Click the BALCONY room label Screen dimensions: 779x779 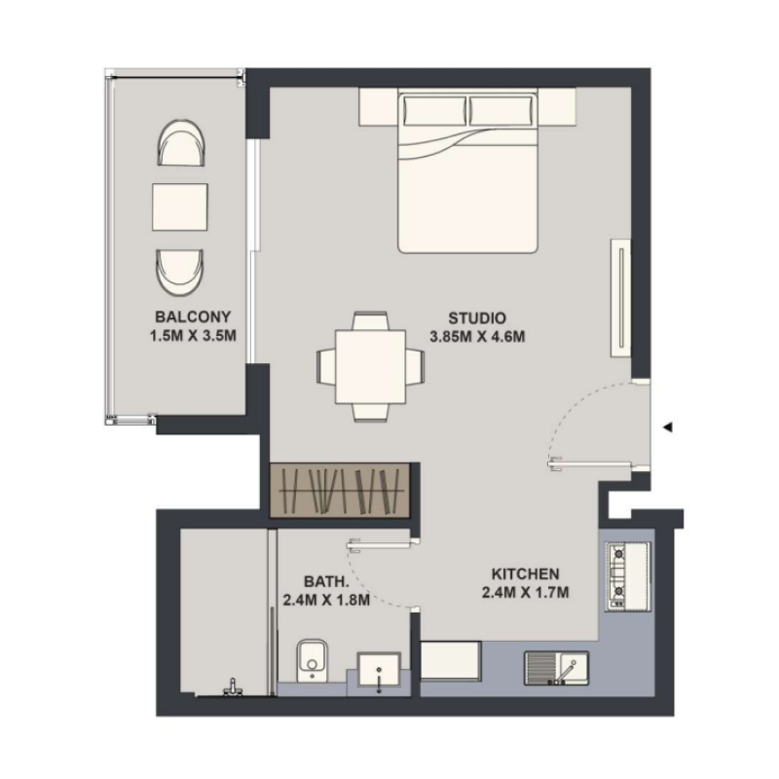pos(192,316)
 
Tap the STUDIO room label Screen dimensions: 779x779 pos(477,317)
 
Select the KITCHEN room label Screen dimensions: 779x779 pos(525,574)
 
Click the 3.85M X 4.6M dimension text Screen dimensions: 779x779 pos(477,338)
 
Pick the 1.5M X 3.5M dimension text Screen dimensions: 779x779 pos(192,336)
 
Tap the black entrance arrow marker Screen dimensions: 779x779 pos(668,427)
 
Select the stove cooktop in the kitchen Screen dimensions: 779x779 pos(617,575)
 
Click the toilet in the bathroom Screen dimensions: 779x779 pos(311,661)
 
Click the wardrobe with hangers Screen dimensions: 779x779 pos(341,489)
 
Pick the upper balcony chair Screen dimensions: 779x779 pos(181,144)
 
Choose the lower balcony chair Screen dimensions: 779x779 pos(181,273)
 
